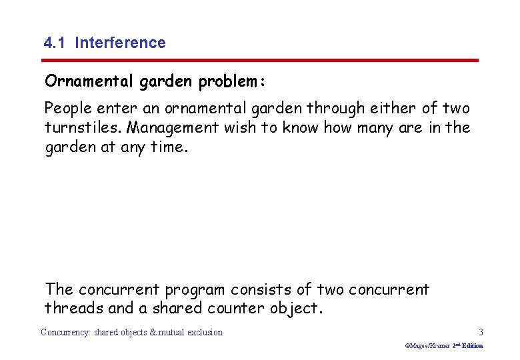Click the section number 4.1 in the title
click(x=55, y=43)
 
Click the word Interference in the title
click(x=120, y=43)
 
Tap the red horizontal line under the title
click(x=261, y=60)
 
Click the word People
click(x=68, y=108)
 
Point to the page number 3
click(x=481, y=332)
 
